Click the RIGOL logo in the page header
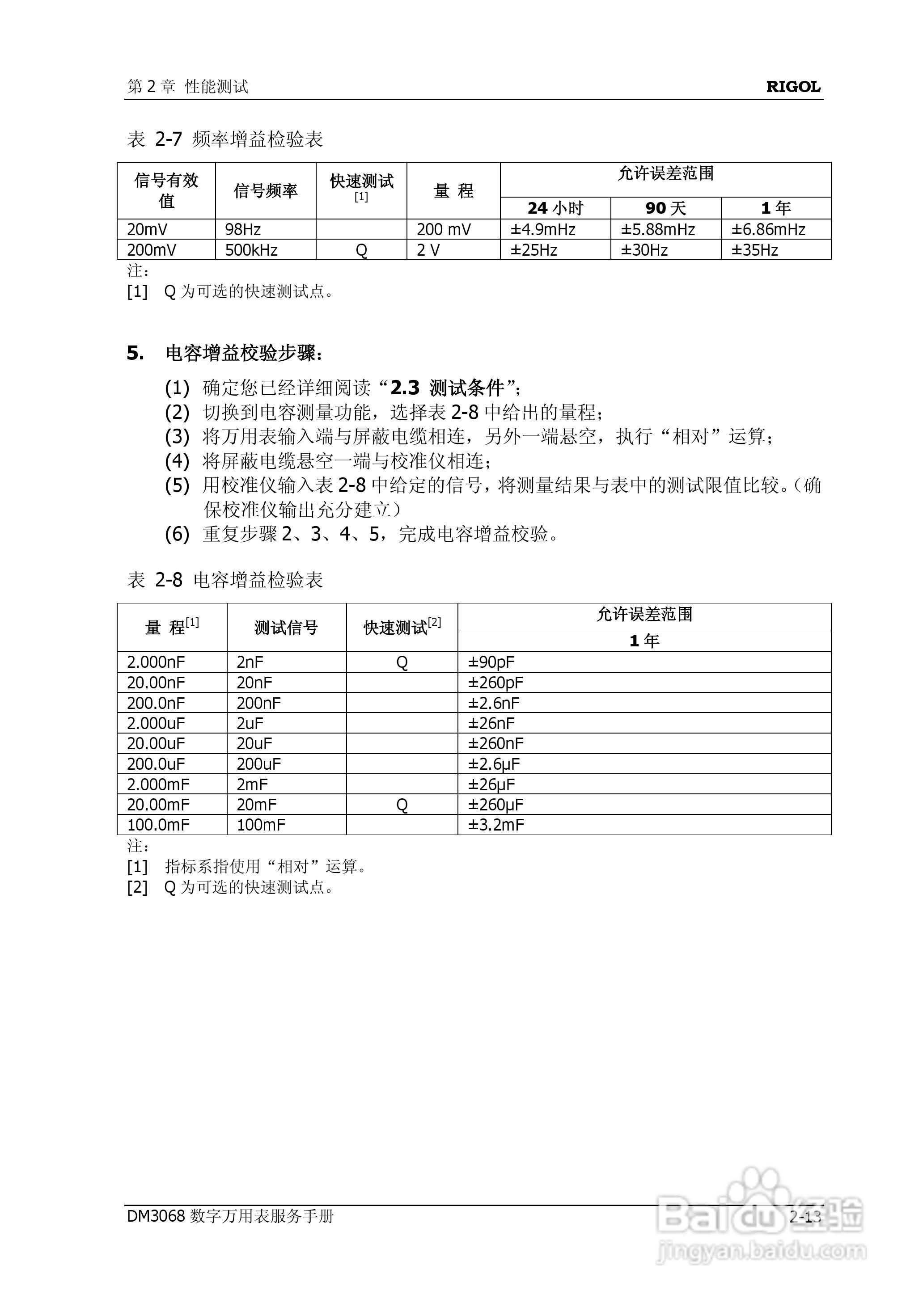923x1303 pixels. (793, 87)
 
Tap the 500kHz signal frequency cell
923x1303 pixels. (251, 250)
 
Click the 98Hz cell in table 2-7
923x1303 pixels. (243, 229)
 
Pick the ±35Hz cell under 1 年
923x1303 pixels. (754, 250)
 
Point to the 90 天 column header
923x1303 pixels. (665, 208)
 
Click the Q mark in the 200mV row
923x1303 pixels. (361, 250)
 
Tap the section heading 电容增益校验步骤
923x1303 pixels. (243, 353)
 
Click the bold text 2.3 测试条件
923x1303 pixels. (447, 388)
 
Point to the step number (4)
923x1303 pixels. (177, 461)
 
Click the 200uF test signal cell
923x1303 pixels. (258, 764)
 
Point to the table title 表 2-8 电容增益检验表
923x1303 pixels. (225, 580)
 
